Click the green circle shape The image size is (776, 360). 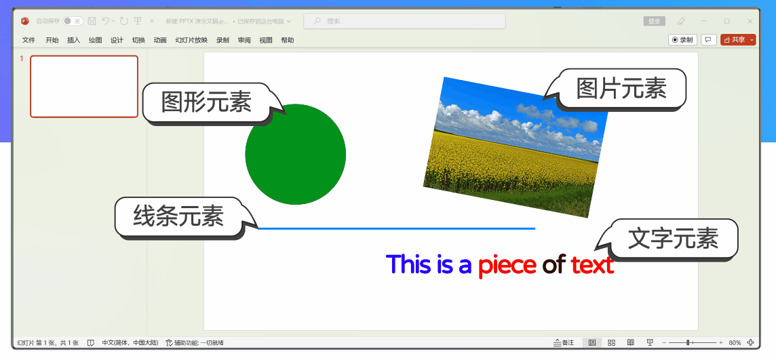[x=295, y=155]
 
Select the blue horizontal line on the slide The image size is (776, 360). [x=397, y=228]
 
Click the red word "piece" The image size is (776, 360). [x=507, y=264]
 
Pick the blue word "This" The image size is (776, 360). [x=408, y=264]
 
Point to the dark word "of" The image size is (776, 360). [x=554, y=264]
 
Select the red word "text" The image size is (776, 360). [x=592, y=264]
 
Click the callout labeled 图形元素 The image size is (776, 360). [x=206, y=102]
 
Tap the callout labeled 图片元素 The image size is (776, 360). [x=621, y=88]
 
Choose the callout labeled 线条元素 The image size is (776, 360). [x=178, y=217]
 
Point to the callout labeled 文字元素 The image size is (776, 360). [x=673, y=239]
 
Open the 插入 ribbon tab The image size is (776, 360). [x=73, y=40]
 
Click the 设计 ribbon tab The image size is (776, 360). [x=117, y=40]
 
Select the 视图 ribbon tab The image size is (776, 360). [x=265, y=40]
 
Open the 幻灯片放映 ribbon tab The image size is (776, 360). [x=191, y=40]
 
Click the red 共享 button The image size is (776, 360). [x=735, y=40]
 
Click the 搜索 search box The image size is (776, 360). [x=404, y=21]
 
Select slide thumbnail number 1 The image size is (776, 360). [x=84, y=86]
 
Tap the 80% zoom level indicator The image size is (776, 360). [x=735, y=343]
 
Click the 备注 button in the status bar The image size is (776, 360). [x=564, y=343]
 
